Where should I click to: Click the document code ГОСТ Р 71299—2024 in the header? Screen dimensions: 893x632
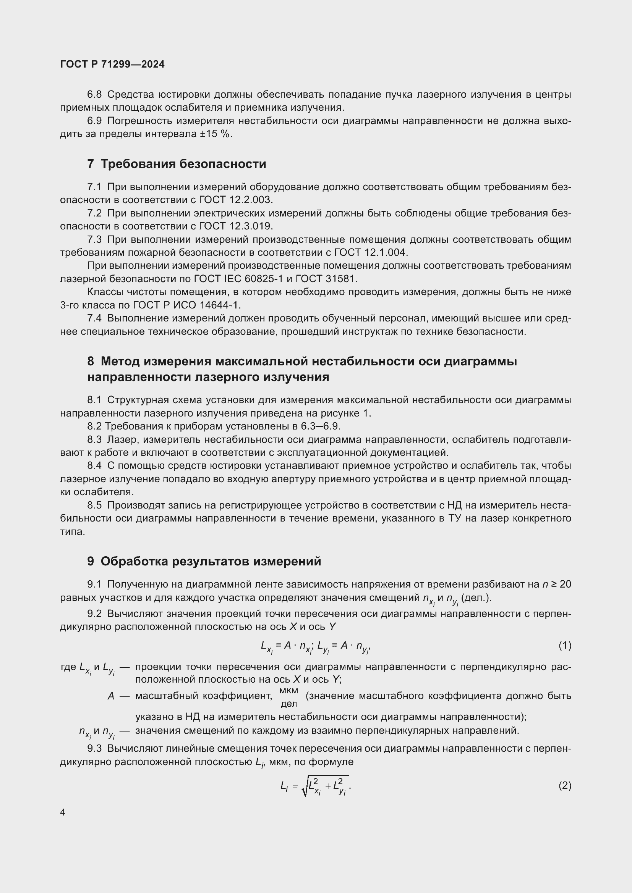click(x=112, y=64)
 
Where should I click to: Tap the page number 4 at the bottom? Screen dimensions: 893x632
click(x=63, y=812)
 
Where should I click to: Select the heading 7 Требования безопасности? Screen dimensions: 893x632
click(x=177, y=164)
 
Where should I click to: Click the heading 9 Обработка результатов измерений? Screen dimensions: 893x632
click(x=204, y=561)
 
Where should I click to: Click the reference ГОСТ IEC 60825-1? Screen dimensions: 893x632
click(x=238, y=278)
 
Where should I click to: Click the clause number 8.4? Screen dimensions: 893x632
click(x=94, y=465)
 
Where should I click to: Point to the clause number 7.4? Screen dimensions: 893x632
click(x=94, y=318)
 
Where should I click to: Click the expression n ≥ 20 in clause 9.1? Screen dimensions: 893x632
click(x=556, y=584)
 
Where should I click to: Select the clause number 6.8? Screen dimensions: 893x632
click(x=94, y=95)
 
